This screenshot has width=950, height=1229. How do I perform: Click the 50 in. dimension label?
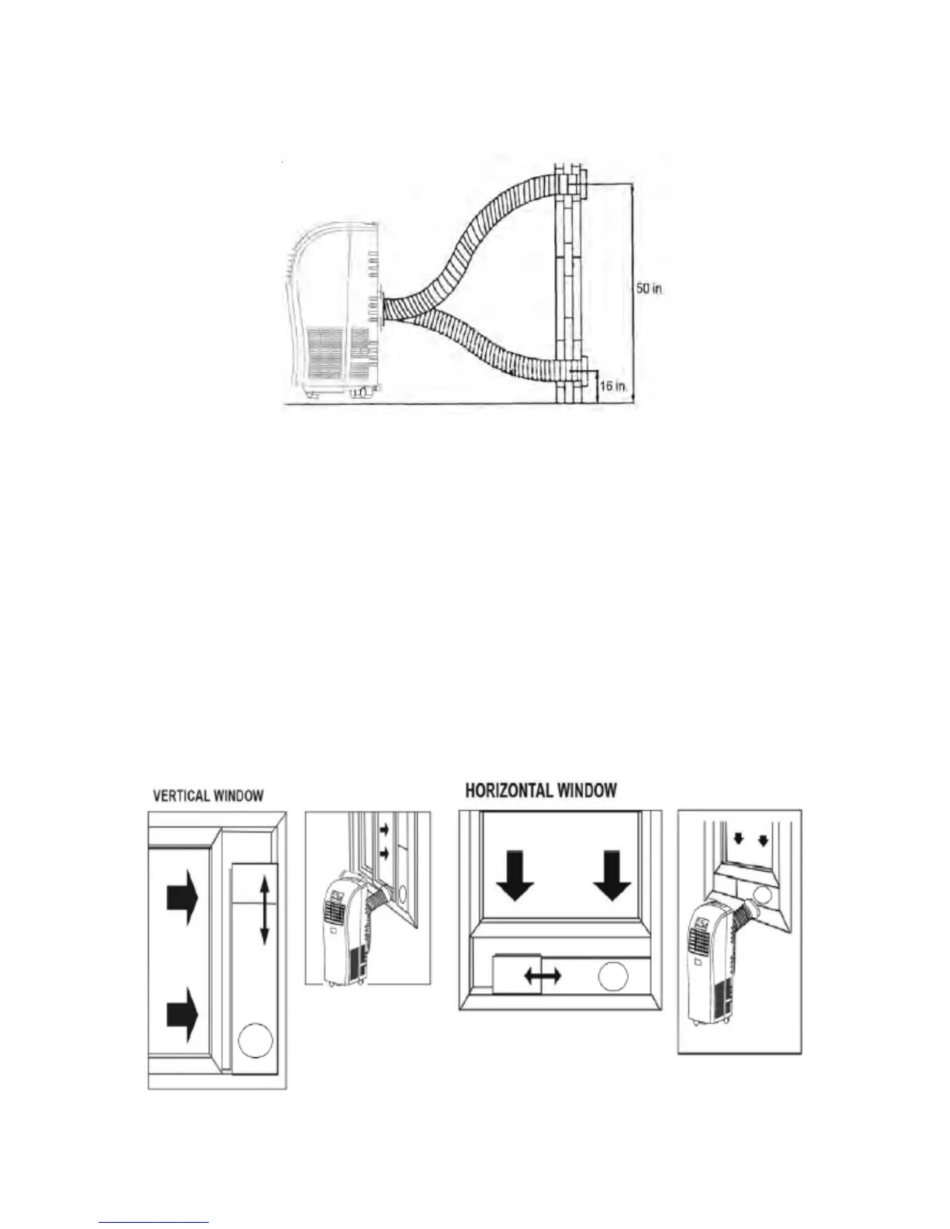650,288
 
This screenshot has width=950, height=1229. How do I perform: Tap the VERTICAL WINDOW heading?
208,795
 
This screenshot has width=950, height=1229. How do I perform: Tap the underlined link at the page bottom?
154,1223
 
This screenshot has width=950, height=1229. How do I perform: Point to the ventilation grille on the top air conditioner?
325,350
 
